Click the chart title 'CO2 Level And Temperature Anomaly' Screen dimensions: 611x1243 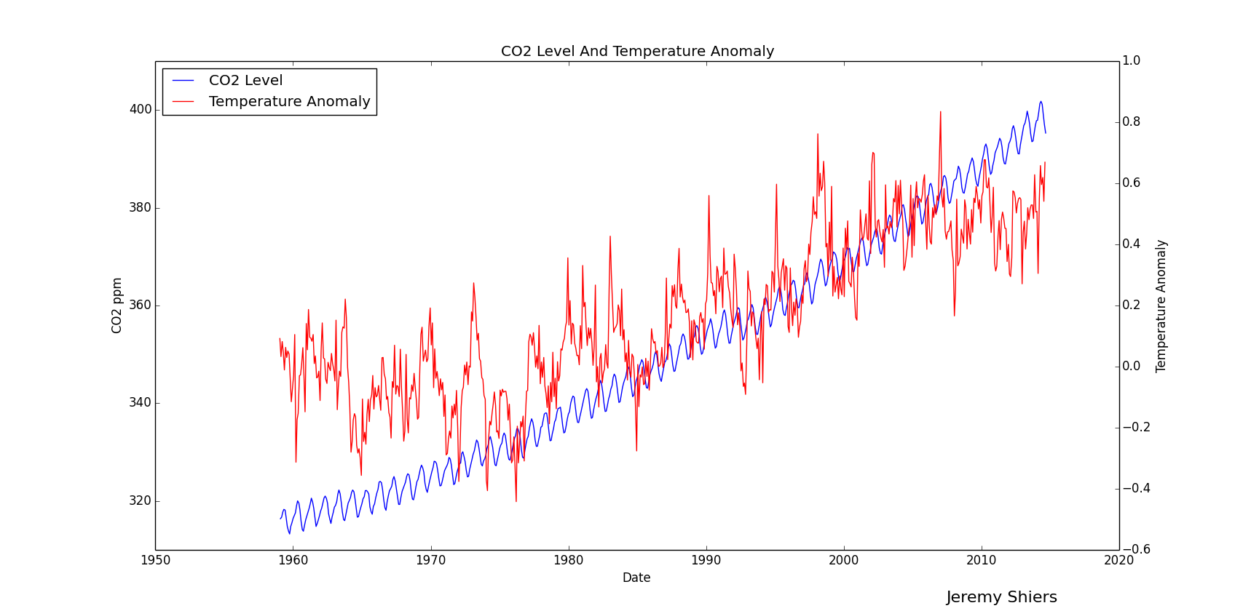point(637,52)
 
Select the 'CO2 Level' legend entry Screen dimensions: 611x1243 point(245,81)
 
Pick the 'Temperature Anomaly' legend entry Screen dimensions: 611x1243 point(289,102)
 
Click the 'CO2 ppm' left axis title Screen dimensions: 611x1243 point(117,305)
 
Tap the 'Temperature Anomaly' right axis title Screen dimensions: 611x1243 point(1161,306)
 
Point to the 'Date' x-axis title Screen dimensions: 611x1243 point(636,578)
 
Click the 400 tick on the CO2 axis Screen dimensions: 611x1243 point(141,110)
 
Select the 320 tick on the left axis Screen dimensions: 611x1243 point(141,501)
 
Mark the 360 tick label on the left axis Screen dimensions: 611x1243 point(141,305)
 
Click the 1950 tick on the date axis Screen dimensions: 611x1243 point(155,560)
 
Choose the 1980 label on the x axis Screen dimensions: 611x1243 point(568,560)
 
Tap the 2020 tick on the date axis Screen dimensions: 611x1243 point(1119,560)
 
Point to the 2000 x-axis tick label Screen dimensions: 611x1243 point(844,560)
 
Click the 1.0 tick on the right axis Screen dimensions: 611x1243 point(1132,61)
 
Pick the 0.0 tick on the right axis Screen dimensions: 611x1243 point(1132,367)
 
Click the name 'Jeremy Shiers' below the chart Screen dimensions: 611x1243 point(1001,598)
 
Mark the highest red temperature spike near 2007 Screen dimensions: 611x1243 point(940,112)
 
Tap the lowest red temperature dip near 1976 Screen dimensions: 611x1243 point(516,501)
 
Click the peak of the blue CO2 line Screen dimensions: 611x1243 point(1041,102)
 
